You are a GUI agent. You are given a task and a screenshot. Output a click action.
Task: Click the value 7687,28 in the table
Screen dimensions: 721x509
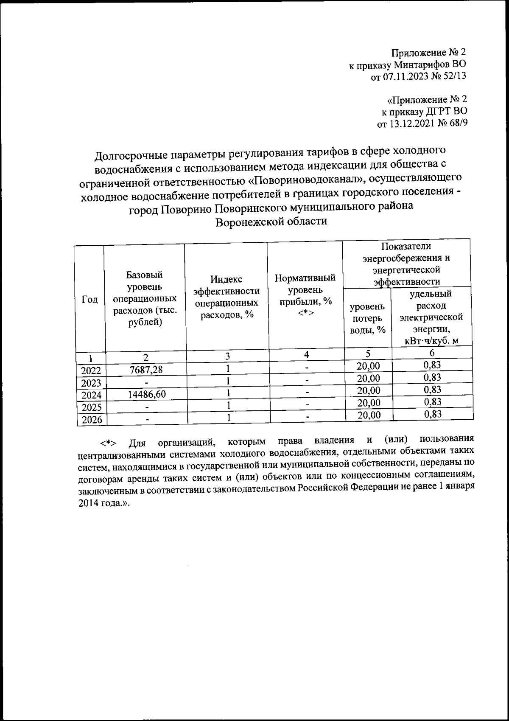pos(146,370)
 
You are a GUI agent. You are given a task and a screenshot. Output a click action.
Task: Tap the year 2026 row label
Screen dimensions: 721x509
pos(91,420)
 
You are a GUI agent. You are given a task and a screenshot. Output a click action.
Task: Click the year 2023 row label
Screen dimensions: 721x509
pos(91,383)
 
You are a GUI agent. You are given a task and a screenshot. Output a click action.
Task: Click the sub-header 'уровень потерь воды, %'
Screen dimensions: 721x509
pos(367,318)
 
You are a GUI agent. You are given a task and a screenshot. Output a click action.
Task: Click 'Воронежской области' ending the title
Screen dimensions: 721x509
pos(272,222)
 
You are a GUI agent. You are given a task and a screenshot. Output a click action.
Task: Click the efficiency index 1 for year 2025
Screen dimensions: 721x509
pos(228,405)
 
